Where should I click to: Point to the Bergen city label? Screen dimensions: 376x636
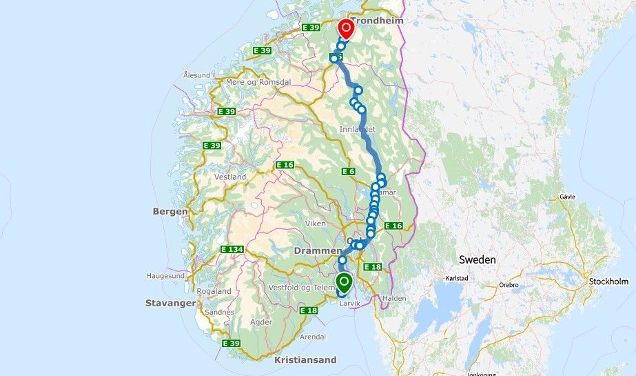[170, 211]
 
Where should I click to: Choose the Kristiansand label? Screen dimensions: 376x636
[305, 360]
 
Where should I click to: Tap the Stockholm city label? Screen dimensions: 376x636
[608, 281]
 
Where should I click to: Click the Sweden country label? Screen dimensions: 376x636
[477, 259]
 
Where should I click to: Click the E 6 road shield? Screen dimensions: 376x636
[348, 171]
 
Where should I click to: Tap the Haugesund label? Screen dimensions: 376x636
[165, 275]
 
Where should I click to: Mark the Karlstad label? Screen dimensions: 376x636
[458, 279]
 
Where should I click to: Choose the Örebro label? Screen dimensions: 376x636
[509, 284]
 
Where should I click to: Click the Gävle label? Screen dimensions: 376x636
[568, 197]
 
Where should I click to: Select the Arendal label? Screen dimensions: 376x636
[312, 337]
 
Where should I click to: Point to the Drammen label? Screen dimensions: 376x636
[318, 250]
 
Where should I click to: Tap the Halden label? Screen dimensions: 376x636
[394, 298]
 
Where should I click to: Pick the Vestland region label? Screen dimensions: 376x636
[230, 177]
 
